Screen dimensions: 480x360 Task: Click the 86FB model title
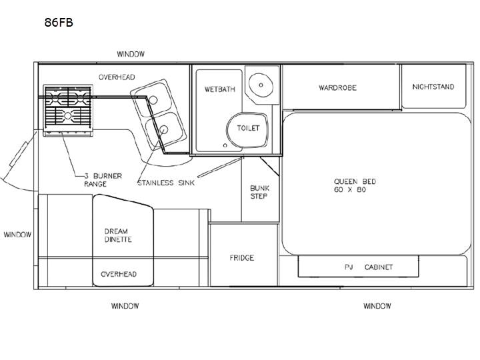59,23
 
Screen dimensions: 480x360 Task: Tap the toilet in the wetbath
247,130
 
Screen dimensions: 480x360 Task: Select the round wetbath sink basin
261,85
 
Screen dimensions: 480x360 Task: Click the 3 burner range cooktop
68,110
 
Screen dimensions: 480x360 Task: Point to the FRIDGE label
242,258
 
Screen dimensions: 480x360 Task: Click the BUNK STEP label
259,192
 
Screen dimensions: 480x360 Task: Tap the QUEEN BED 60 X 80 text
355,185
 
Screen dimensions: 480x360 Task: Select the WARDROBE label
337,88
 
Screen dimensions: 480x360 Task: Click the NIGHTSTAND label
433,87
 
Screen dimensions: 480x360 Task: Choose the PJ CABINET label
369,267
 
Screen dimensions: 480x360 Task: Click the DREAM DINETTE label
118,235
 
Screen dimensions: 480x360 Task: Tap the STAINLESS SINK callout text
166,183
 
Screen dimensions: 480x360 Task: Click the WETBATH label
220,89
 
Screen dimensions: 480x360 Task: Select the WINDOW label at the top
131,54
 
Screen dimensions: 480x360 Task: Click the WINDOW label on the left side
17,235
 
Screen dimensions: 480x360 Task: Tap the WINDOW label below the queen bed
377,306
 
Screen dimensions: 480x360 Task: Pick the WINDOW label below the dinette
125,306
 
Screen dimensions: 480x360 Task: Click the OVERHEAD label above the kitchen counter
117,77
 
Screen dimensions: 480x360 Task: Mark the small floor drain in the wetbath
225,145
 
